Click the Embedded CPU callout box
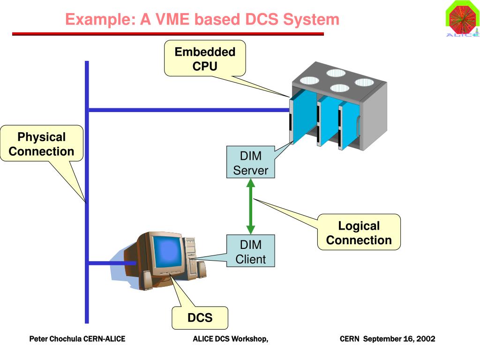point(205,59)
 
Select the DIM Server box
point(250,162)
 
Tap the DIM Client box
point(250,251)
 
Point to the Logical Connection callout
point(359,232)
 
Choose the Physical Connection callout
point(41,144)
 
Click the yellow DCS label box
point(200,318)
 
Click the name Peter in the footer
point(39,338)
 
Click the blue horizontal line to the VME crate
point(187,110)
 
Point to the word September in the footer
point(382,338)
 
